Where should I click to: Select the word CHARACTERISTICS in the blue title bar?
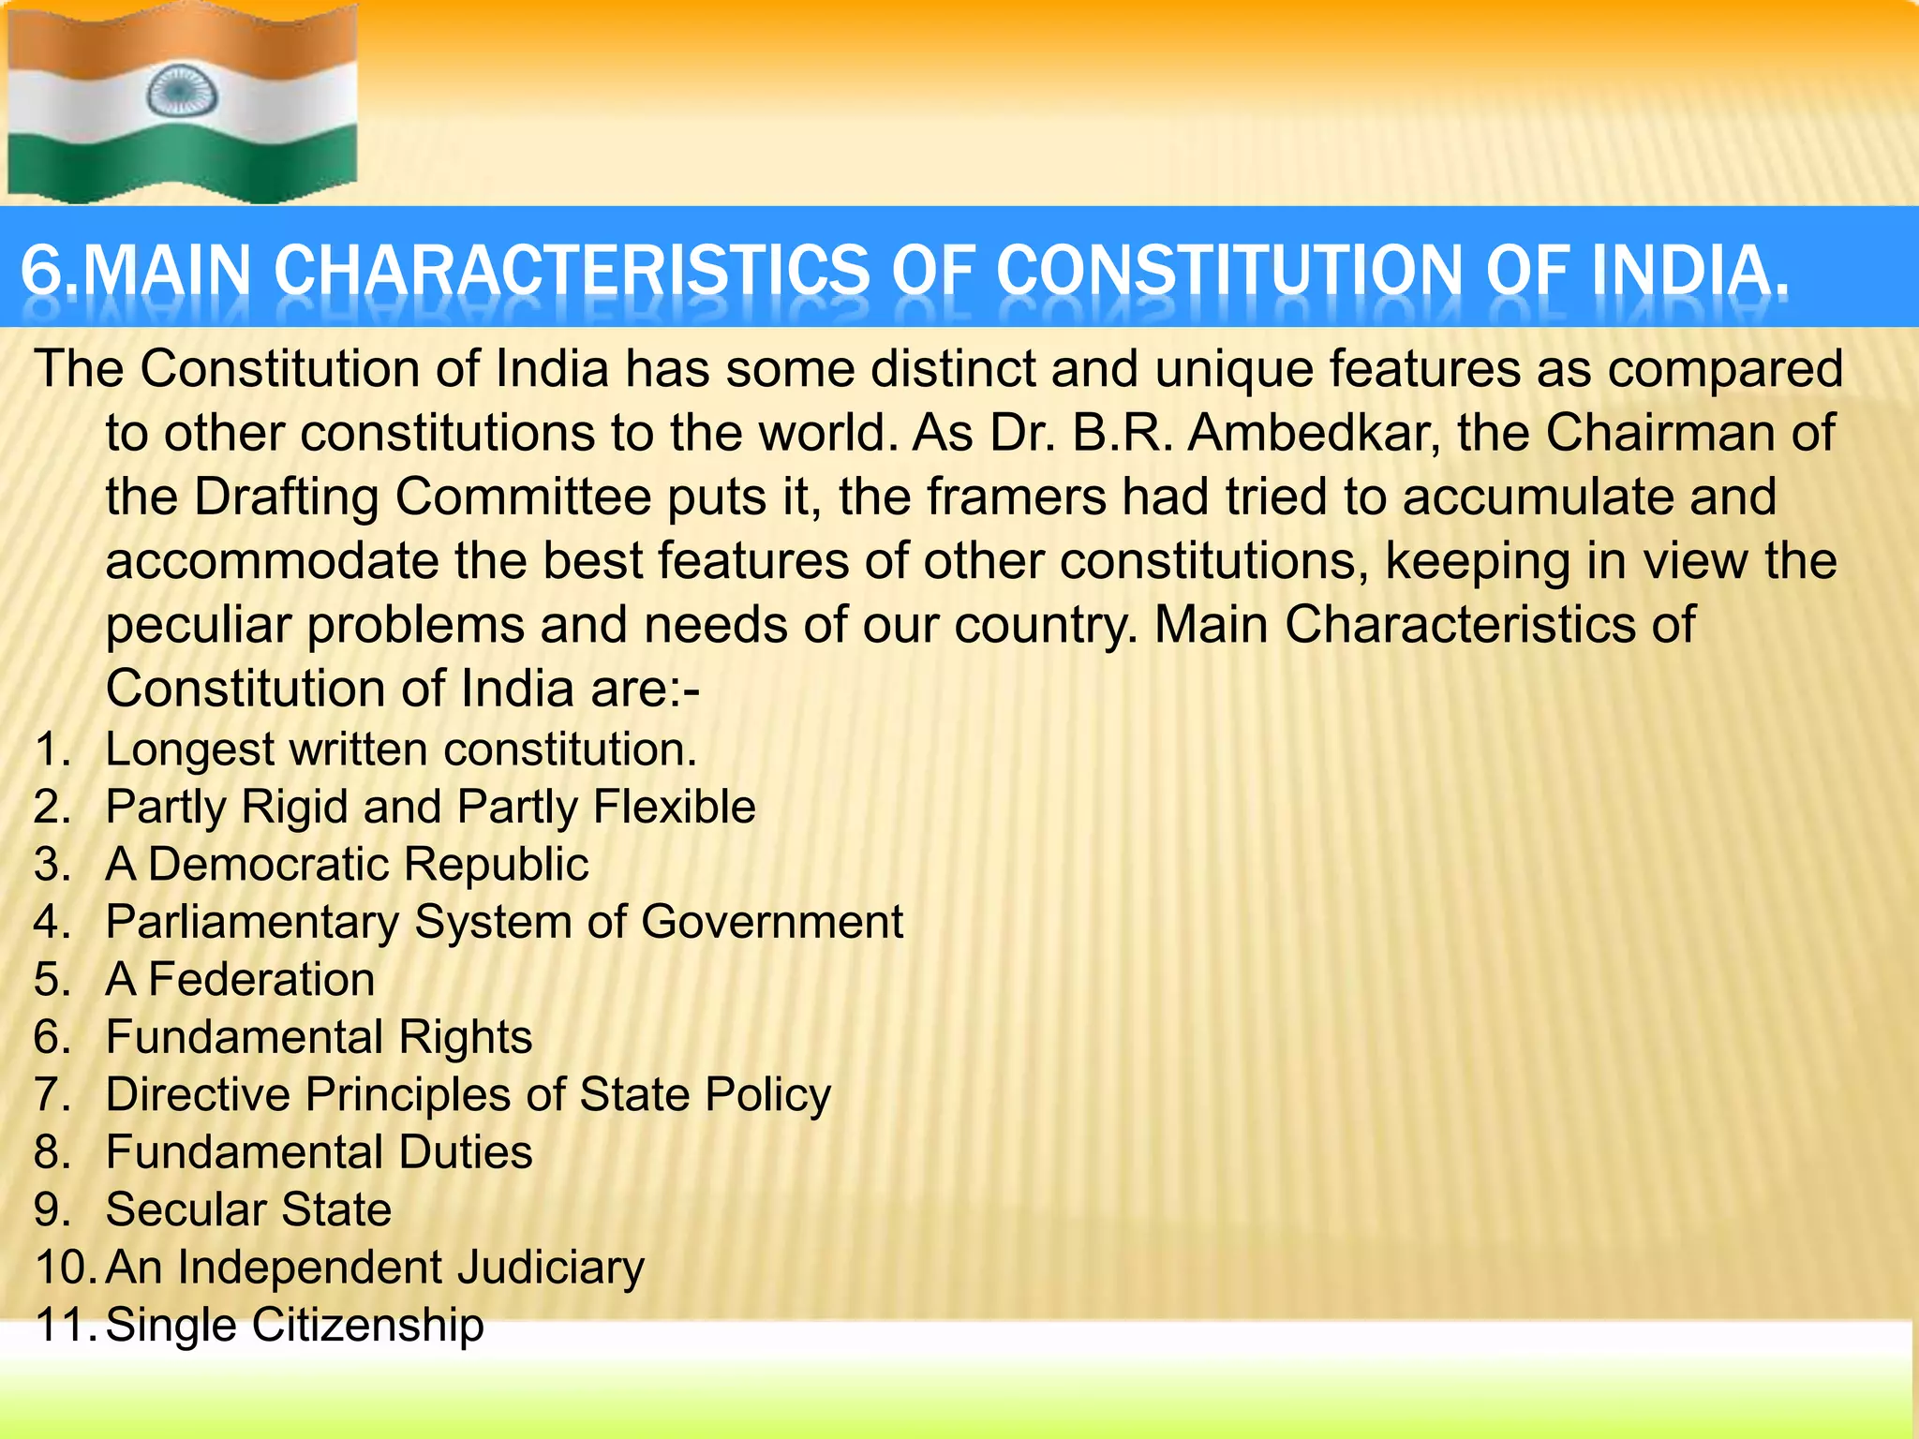pyautogui.click(x=572, y=271)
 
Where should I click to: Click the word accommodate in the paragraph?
pyautogui.click(x=272, y=561)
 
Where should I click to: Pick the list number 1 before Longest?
pyautogui.click(x=51, y=749)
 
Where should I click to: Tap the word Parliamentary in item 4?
pyautogui.click(x=252, y=922)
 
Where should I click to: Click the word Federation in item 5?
pyautogui.click(x=261, y=980)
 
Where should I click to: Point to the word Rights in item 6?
pyautogui.click(x=465, y=1037)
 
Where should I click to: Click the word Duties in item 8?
pyautogui.click(x=465, y=1151)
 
